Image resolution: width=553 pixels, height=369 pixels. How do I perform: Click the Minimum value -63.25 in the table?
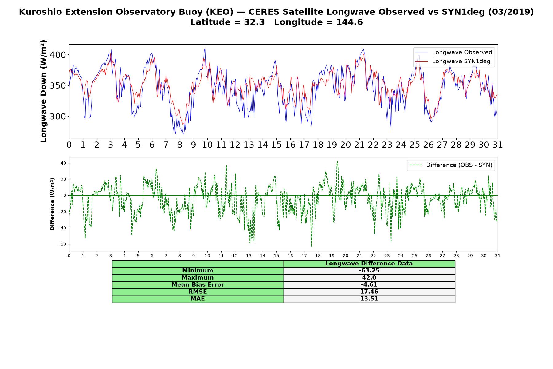pyautogui.click(x=369, y=271)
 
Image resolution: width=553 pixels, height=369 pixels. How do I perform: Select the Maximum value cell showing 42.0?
pyautogui.click(x=369, y=278)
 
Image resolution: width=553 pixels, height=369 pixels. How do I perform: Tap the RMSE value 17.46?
pyautogui.click(x=369, y=292)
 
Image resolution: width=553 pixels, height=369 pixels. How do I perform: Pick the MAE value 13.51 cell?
pyautogui.click(x=369, y=299)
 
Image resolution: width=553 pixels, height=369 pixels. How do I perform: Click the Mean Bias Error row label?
pyautogui.click(x=198, y=285)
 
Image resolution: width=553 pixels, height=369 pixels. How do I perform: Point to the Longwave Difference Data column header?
pyautogui.click(x=369, y=264)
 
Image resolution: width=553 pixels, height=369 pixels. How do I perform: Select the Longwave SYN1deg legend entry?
pyautogui.click(x=453, y=61)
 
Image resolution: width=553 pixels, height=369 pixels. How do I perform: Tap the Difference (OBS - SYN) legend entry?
pyautogui.click(x=451, y=165)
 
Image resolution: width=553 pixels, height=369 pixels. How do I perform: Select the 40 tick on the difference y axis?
pyautogui.click(x=63, y=163)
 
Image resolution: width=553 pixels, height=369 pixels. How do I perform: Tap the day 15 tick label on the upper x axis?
pyautogui.click(x=276, y=145)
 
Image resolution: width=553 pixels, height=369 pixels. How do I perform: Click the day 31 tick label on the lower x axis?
pyautogui.click(x=498, y=256)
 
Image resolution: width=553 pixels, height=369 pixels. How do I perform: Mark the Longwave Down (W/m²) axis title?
pyautogui.click(x=44, y=91)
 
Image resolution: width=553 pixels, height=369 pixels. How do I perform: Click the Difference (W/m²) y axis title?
pyautogui.click(x=52, y=204)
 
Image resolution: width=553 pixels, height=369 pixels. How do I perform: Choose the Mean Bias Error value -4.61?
pyautogui.click(x=369, y=285)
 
